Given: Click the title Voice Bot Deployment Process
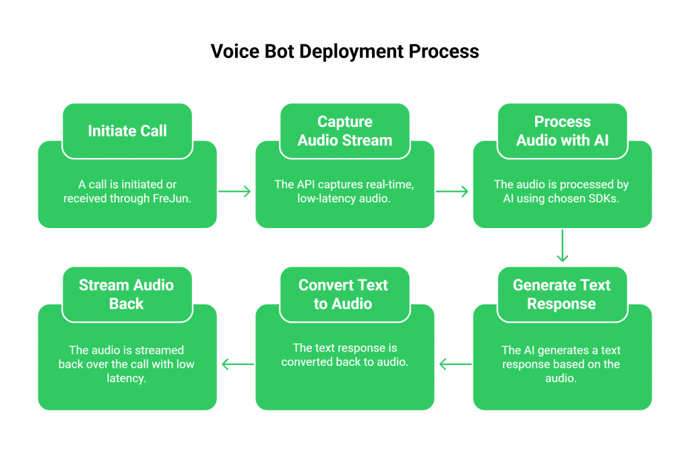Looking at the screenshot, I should click(344, 52).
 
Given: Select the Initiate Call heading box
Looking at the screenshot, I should click(127, 131).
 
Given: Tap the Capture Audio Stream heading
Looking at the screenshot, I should click(344, 131).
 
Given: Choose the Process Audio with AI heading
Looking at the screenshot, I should click(562, 131).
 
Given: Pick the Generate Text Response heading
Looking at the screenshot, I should click(561, 294).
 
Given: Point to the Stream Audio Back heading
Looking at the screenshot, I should click(126, 294).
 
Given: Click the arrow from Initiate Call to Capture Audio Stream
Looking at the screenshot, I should click(236, 192).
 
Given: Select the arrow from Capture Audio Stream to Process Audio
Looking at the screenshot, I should click(453, 192).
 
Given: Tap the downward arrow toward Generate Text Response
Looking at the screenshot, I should click(562, 246).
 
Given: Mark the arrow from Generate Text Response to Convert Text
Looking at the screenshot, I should click(454, 365).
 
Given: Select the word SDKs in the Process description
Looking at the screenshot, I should click(603, 198).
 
